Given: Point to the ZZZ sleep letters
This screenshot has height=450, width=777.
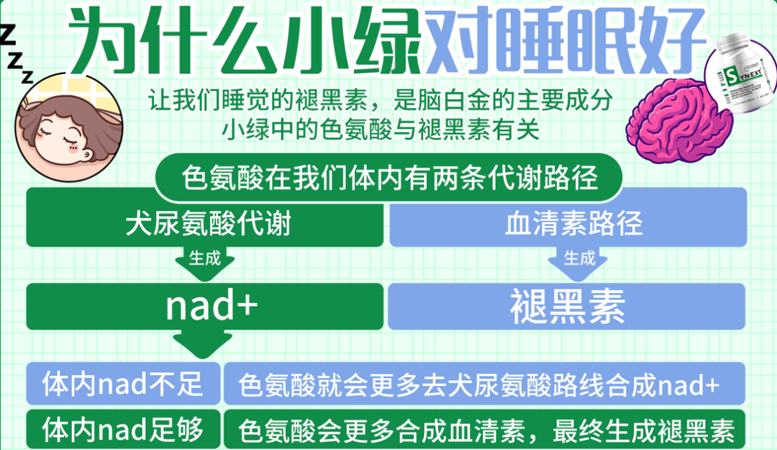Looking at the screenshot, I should point(16,54).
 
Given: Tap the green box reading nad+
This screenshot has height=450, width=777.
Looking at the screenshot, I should point(205,306).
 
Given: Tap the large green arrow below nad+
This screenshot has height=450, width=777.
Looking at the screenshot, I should point(204,344).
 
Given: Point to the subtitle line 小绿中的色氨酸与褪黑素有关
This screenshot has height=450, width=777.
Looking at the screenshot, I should point(381,131).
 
